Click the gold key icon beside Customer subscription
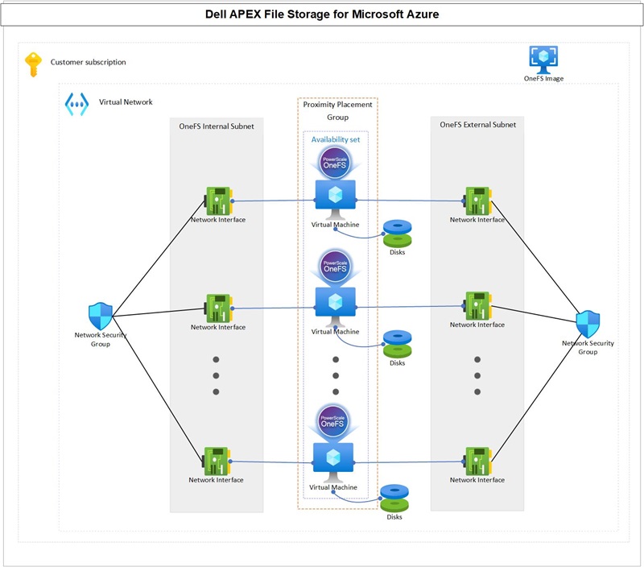(x=33, y=64)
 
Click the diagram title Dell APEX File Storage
(x=321, y=14)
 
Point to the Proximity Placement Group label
(x=337, y=110)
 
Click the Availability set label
(x=336, y=139)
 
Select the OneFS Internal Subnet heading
(x=217, y=126)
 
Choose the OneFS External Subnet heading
(x=477, y=125)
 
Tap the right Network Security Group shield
(x=588, y=324)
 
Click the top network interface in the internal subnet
(x=218, y=201)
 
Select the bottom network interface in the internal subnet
(x=217, y=461)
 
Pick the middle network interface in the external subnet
(x=477, y=306)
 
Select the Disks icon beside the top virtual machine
(x=396, y=233)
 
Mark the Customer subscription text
(x=88, y=62)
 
